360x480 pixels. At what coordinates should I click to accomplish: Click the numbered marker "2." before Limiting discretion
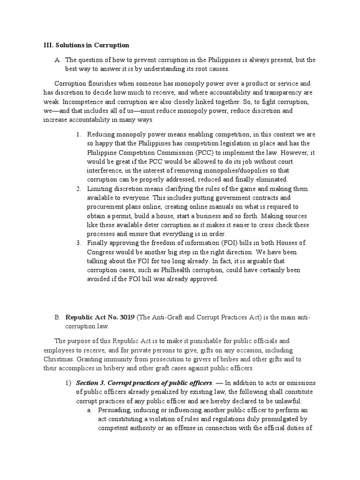coord(79,189)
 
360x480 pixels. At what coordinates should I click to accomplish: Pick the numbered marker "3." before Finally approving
coord(79,243)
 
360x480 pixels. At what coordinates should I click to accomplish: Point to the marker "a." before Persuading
coord(89,410)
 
